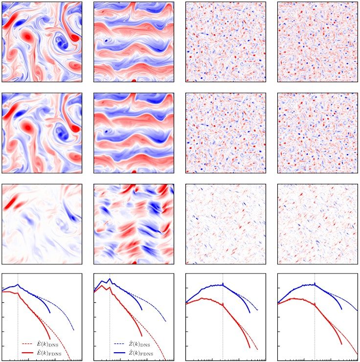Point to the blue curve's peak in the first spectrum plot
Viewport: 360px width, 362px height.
pos(18,284)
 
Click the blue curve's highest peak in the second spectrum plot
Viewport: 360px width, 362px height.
pos(110,279)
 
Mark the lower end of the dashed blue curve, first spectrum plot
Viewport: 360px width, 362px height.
pos(74,330)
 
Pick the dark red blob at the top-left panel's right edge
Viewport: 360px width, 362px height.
pos(74,37)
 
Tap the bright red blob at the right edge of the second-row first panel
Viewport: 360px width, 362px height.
pos(74,128)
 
